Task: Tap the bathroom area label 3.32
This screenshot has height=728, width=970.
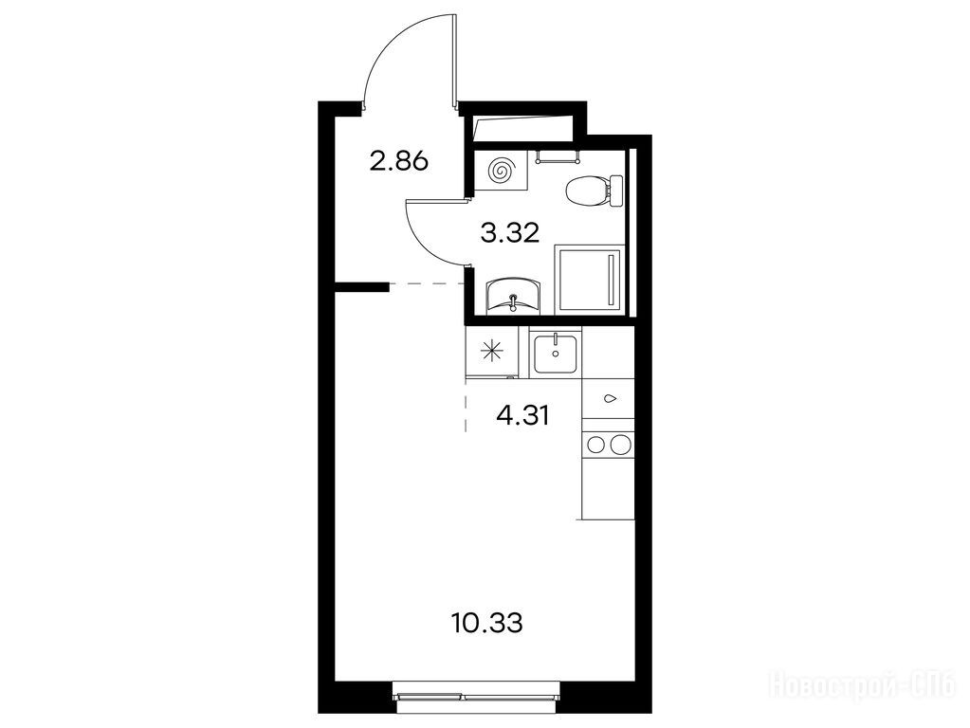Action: point(510,233)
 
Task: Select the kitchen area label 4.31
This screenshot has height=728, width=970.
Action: point(522,415)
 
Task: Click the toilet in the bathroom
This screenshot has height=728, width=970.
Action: point(594,190)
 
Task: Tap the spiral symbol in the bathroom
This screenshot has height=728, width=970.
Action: point(500,170)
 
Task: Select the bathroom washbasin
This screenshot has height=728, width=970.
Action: point(514,297)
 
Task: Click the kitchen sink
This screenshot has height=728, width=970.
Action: point(556,353)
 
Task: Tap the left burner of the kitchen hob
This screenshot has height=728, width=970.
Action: point(595,444)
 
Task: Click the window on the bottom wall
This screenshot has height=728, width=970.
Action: point(477,691)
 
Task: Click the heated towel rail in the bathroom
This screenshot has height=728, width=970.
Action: point(557,156)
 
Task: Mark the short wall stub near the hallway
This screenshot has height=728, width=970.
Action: point(362,286)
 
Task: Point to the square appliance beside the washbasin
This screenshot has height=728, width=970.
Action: point(592,279)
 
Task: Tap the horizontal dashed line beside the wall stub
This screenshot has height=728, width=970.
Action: point(428,284)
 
